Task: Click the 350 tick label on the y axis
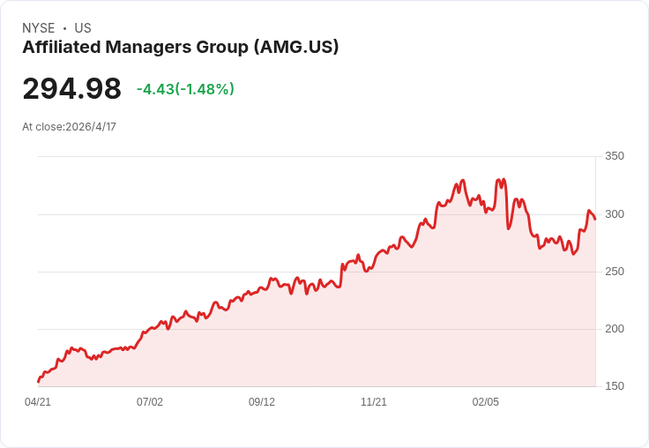(614, 156)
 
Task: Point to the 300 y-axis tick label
(614, 214)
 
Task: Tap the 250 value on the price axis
(614, 272)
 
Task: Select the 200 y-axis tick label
(614, 329)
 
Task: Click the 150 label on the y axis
(614, 386)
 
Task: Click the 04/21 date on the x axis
(38, 402)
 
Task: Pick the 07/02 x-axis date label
(150, 402)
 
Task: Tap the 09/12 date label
(262, 402)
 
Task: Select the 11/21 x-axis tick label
(374, 402)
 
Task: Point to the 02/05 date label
(486, 402)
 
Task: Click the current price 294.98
(71, 89)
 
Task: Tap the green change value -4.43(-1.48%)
(185, 89)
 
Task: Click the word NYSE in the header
(38, 28)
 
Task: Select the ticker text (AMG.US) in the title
(295, 48)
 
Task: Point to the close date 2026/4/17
(91, 127)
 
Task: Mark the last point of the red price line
(595, 219)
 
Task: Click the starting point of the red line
(38, 382)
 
